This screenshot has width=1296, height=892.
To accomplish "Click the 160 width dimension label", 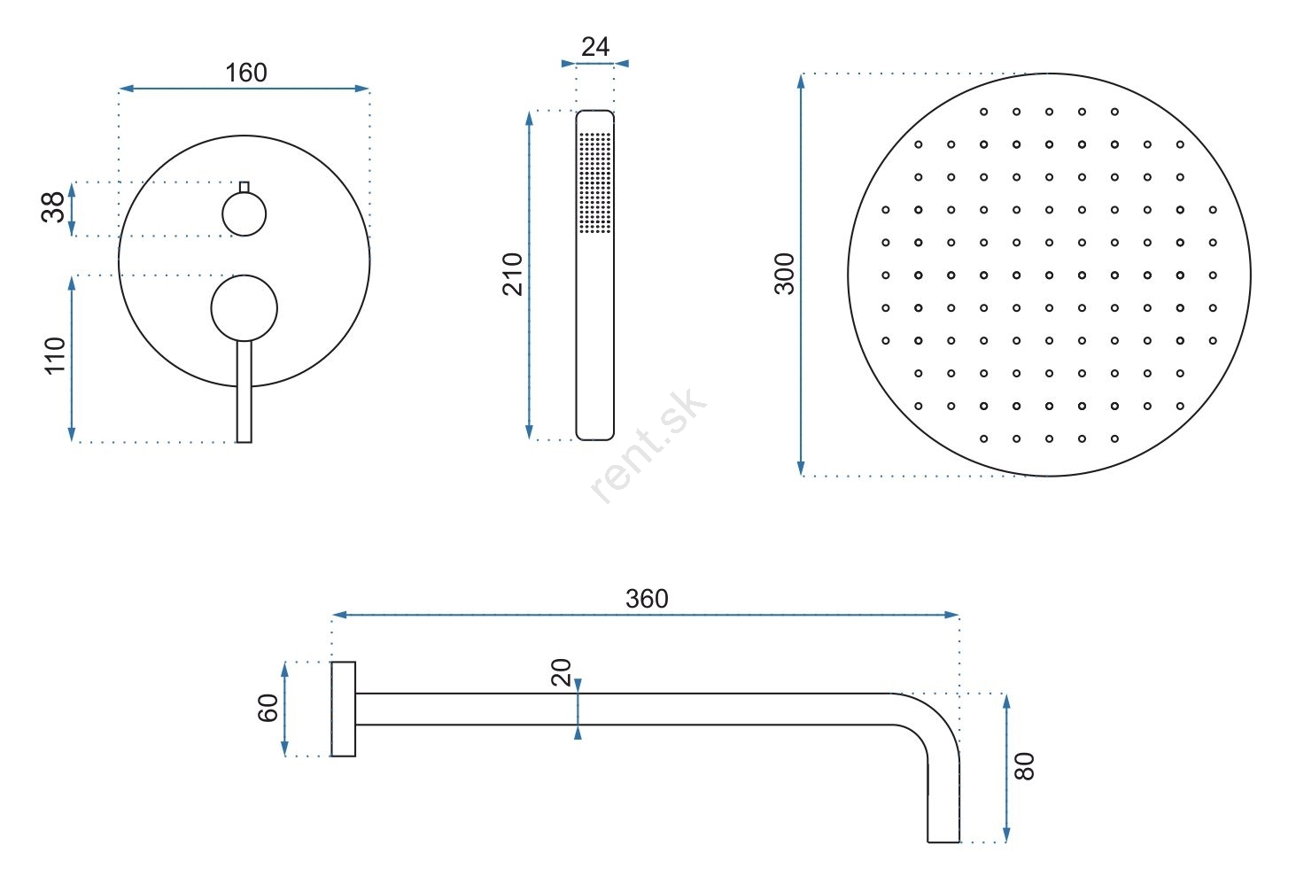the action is click(246, 73).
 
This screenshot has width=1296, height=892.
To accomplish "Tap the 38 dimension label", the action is click(52, 207).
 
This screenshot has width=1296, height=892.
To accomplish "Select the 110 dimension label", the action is click(55, 356).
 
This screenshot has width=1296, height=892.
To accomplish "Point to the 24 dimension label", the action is click(594, 47).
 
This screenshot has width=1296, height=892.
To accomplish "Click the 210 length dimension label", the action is click(513, 275).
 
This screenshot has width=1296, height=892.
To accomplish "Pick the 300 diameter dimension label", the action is click(785, 274).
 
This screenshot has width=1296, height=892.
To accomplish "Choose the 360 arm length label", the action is click(647, 599).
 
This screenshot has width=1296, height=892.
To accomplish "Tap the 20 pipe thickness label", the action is click(562, 672).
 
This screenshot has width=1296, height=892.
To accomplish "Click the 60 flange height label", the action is click(268, 708).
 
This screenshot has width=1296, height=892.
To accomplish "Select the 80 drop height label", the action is click(1024, 766).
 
